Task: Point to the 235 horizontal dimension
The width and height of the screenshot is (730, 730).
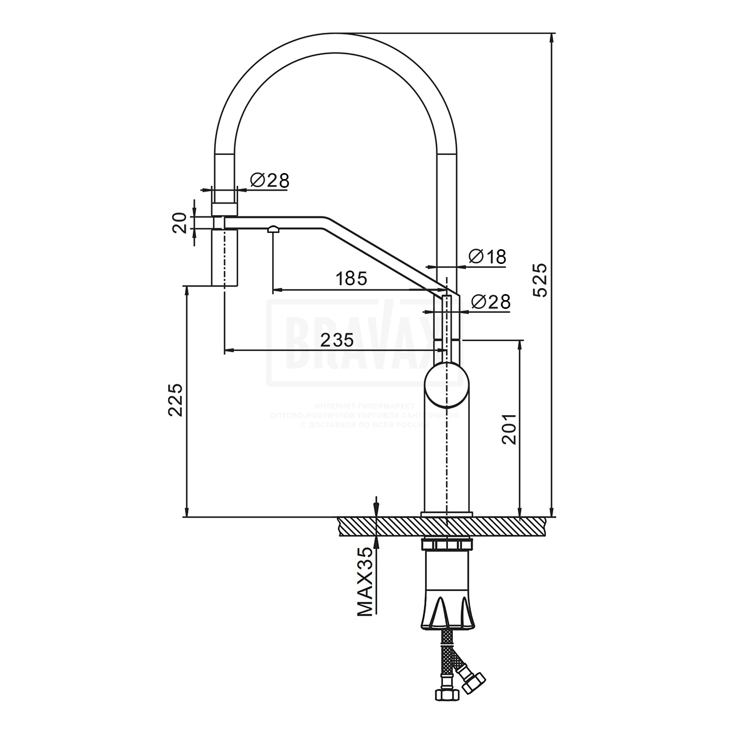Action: tap(336, 340)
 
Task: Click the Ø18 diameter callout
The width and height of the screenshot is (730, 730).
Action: tap(488, 256)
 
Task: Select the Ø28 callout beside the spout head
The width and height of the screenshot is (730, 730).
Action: tap(269, 180)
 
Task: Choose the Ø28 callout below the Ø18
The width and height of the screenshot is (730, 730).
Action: tap(491, 301)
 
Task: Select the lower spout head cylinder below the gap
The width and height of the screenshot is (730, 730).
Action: tap(225, 257)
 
